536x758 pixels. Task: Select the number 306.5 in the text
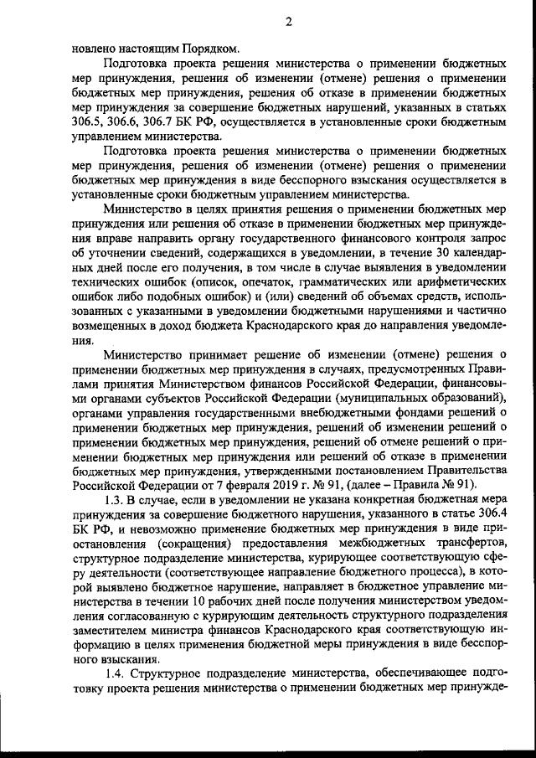[x=88, y=121]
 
